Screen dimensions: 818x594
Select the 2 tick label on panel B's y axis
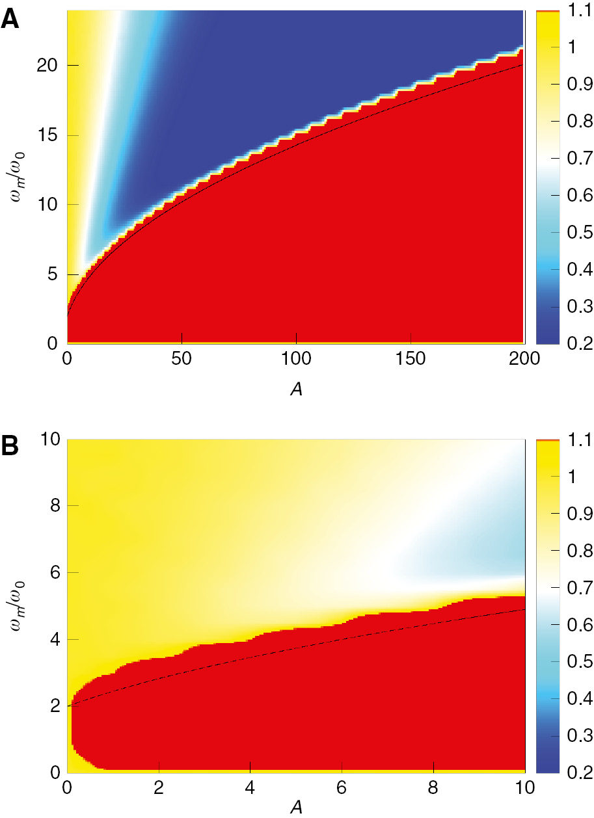click(53, 706)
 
